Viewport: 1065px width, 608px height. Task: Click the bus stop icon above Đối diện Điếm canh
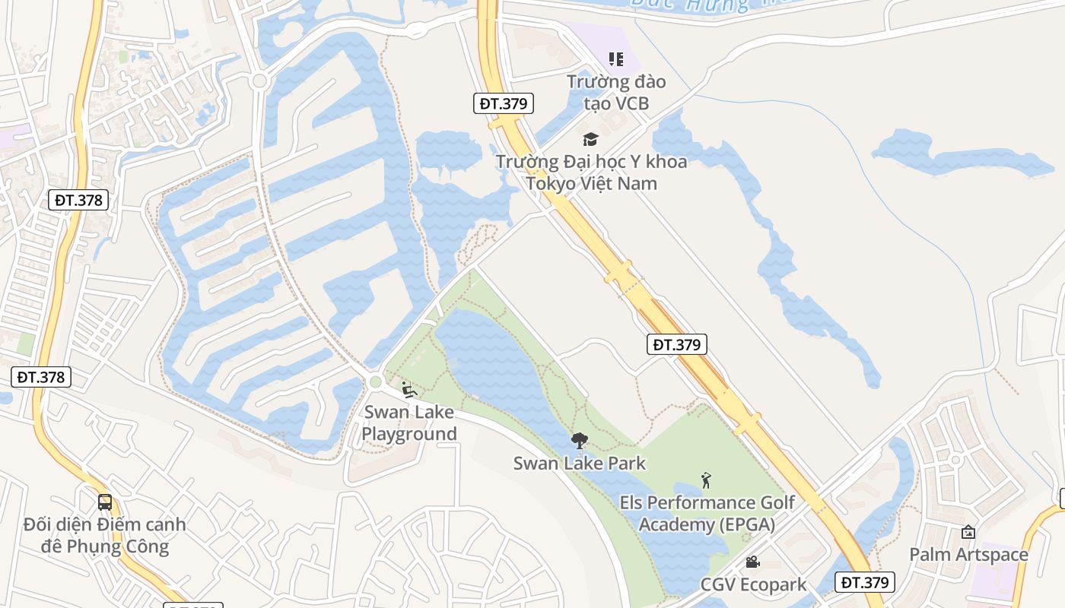[105, 502]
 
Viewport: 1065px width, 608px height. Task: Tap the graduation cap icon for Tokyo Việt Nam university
[590, 139]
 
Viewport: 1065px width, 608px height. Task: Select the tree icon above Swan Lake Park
[579, 441]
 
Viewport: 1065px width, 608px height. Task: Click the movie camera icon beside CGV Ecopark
[752, 562]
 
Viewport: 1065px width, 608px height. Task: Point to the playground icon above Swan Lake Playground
[409, 390]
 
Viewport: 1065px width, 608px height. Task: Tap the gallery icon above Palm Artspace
[968, 532]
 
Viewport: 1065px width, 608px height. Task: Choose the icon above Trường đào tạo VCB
[616, 59]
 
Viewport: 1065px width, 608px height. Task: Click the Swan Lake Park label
[580, 463]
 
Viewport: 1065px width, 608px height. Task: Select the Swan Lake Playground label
[409, 423]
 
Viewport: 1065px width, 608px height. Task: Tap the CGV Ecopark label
[753, 584]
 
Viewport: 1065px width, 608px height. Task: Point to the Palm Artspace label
[968, 554]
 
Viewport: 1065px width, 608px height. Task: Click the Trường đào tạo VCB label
[616, 92]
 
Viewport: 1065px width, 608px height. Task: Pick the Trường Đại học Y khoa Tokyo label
[591, 173]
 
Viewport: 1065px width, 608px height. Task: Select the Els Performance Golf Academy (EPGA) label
[707, 513]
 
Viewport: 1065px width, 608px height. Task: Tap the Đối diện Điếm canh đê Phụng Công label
[104, 535]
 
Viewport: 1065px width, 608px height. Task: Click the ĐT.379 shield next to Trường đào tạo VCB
[504, 103]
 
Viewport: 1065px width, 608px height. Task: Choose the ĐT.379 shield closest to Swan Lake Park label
[676, 344]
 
